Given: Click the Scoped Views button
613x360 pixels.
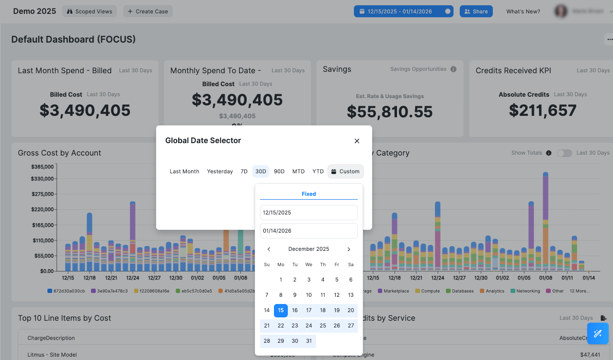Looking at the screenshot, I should coord(90,11).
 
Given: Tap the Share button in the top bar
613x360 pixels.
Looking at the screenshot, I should coord(476,11).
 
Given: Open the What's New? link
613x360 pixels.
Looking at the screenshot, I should coord(523,11).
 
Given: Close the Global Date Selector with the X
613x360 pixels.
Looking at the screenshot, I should coord(357,141).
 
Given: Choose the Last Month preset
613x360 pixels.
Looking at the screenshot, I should coord(184,171).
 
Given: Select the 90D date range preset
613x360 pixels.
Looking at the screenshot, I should coord(279,171).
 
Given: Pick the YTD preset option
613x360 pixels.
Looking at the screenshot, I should coord(318,171).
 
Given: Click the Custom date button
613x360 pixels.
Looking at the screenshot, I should coord(345,171).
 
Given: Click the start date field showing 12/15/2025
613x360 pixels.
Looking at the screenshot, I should coord(308,213).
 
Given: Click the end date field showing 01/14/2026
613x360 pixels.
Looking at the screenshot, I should coord(308,231).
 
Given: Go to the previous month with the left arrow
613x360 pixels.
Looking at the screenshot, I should coord(269,249).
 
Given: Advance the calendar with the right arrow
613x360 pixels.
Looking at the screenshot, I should coord(349,249).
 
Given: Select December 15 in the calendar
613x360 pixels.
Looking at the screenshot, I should coord(281,310).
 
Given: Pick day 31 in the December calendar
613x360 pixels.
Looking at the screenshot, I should coord(309,341).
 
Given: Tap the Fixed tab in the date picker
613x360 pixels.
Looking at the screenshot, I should coord(308,194).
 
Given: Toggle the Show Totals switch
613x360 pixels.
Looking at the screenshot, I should coord(564,153).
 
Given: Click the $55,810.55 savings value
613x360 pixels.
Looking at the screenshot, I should coord(389,112).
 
